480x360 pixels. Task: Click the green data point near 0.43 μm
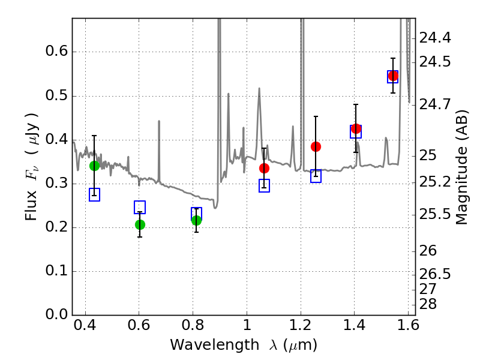click(94, 166)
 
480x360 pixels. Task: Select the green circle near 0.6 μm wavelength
click(140, 224)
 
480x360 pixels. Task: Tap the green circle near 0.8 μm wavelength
click(196, 220)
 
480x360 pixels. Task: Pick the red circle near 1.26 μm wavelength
click(316, 146)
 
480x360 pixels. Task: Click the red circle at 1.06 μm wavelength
click(264, 168)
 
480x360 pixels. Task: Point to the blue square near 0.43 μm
click(94, 194)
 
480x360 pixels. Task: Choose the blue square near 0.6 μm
click(140, 208)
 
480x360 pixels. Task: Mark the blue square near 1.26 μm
click(316, 176)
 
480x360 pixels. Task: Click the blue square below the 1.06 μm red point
click(264, 186)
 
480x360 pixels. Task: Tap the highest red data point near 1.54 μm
click(393, 76)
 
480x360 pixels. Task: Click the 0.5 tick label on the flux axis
click(55, 96)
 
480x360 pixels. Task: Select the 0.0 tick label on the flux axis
click(55, 315)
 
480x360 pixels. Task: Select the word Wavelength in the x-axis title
click(203, 345)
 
